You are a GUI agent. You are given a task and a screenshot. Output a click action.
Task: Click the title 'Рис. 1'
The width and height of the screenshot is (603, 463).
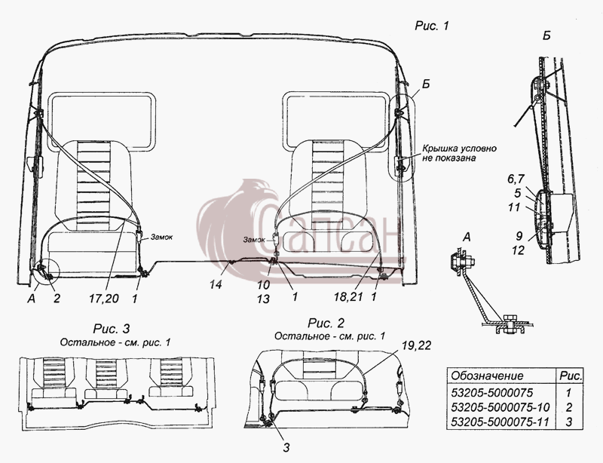tap(432, 26)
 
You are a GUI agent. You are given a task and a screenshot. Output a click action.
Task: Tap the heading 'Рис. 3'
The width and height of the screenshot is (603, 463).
tap(112, 329)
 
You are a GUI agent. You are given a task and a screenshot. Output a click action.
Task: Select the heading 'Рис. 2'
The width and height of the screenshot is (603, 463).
tap(326, 323)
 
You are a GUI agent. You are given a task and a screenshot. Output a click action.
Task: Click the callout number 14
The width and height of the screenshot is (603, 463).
tap(216, 285)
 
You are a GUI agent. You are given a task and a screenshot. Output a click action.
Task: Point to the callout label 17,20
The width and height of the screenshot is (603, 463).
tap(104, 299)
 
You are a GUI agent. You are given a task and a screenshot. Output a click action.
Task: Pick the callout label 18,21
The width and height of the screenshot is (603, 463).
tap(347, 297)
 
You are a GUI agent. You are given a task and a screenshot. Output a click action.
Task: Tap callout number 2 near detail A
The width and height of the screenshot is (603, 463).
tap(57, 299)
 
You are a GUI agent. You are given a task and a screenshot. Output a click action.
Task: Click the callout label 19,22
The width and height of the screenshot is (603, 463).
tap(417, 346)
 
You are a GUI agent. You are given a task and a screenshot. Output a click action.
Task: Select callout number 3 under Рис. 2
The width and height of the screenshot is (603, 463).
tap(286, 447)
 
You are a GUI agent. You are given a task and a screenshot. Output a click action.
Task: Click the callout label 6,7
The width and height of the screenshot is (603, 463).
tap(516, 179)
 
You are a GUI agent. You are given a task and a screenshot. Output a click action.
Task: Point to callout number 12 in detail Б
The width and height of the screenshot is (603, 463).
tap(518, 250)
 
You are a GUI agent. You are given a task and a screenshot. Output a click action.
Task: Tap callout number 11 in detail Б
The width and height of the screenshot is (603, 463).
tap(514, 207)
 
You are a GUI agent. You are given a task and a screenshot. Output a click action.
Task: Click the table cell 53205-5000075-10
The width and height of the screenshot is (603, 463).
tap(500, 407)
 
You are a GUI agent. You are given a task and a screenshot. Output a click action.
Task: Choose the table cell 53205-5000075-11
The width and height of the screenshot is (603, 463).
tap(500, 422)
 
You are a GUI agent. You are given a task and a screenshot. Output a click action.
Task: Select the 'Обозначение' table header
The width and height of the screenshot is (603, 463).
tap(487, 376)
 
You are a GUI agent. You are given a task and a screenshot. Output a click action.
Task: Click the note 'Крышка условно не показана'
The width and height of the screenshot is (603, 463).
tap(460, 153)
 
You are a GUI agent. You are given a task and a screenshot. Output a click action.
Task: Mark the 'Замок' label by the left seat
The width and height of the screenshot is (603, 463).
tap(161, 237)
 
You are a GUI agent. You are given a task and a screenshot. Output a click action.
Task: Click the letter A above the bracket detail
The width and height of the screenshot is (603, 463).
tap(467, 238)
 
